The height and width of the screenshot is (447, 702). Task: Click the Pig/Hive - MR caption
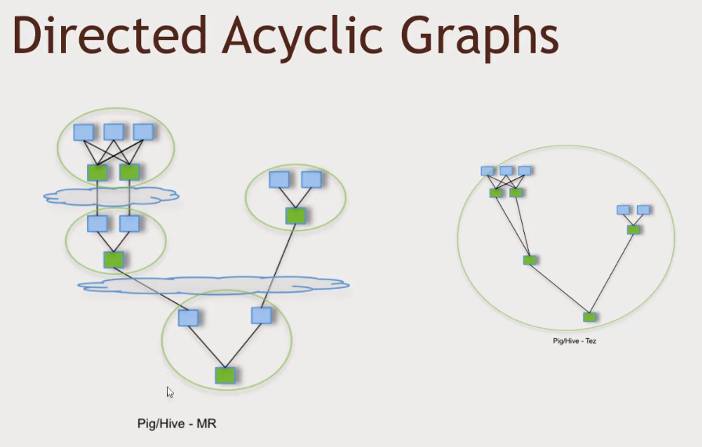click(176, 424)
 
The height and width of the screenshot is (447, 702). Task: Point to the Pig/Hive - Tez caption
click(574, 341)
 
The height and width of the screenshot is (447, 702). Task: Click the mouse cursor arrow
click(169, 391)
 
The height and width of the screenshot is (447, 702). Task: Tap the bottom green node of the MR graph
click(226, 375)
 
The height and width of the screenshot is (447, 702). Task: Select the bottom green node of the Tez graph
click(589, 317)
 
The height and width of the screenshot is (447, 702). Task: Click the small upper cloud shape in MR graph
click(111, 196)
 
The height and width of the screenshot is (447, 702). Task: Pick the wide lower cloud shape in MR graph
click(213, 284)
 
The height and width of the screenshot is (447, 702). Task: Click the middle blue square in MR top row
click(114, 132)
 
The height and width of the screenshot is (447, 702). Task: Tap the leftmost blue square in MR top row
click(83, 132)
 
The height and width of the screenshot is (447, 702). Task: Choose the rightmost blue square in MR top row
click(143, 132)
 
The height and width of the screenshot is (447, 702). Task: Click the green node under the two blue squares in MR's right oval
click(295, 215)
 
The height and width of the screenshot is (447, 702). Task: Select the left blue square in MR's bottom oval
click(188, 317)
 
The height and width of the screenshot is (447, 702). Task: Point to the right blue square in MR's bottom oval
click(262, 315)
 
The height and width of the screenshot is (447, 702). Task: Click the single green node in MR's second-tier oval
click(114, 259)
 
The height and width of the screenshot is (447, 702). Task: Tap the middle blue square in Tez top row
click(506, 171)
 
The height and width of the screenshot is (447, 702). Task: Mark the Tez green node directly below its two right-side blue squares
click(633, 229)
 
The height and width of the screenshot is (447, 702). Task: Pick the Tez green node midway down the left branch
click(530, 260)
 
